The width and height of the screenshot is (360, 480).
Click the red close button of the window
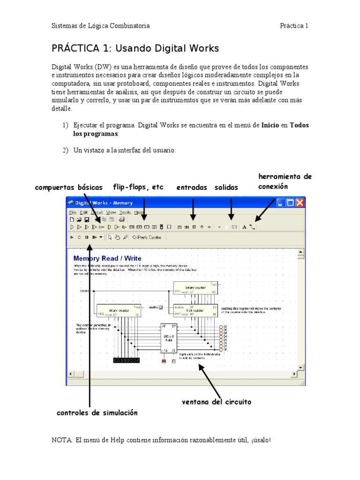click(x=300, y=203)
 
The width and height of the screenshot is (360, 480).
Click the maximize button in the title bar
click(x=290, y=203)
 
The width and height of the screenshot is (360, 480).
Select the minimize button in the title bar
click(x=281, y=203)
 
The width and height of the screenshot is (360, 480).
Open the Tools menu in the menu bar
click(x=125, y=212)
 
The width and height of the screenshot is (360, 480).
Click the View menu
click(x=111, y=212)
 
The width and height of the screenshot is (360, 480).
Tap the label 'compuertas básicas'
click(x=69, y=187)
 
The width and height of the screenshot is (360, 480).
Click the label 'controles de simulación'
click(x=97, y=413)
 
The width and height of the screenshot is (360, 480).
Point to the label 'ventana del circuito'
click(x=217, y=402)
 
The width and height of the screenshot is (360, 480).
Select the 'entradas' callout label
click(x=192, y=187)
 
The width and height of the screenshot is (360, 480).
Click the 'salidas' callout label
click(x=226, y=187)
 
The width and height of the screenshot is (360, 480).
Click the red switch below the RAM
click(x=164, y=361)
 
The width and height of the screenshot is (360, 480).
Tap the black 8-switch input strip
click(x=126, y=360)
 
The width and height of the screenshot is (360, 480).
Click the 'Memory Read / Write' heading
click(x=107, y=258)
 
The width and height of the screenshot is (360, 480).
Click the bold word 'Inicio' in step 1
click(x=270, y=126)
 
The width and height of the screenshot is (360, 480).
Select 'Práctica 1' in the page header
click(x=294, y=26)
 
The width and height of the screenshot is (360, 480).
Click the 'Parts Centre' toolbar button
click(x=147, y=237)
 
